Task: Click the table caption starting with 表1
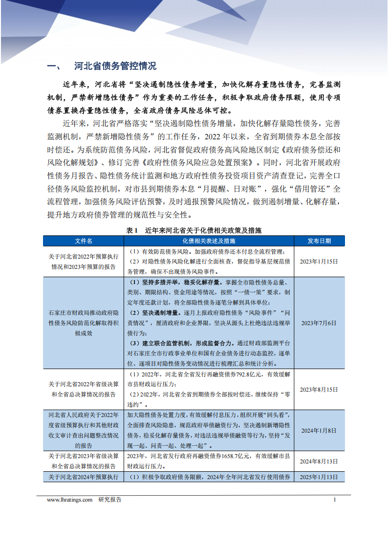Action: pos(194,230)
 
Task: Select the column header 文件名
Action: pos(83,241)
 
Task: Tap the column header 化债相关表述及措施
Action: pos(209,241)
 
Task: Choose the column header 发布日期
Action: pos(319,241)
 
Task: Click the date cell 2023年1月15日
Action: pos(319,262)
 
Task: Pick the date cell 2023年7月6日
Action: pos(319,323)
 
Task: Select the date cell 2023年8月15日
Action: pos(319,390)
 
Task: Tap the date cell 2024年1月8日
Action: pos(319,430)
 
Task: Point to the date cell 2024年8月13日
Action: pos(319,461)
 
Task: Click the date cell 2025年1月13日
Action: pos(319,477)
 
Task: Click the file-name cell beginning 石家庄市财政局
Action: pos(83,323)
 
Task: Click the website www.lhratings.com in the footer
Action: pos(69,500)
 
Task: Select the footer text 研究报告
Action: pos(110,500)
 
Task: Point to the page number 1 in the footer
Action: pos(335,500)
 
